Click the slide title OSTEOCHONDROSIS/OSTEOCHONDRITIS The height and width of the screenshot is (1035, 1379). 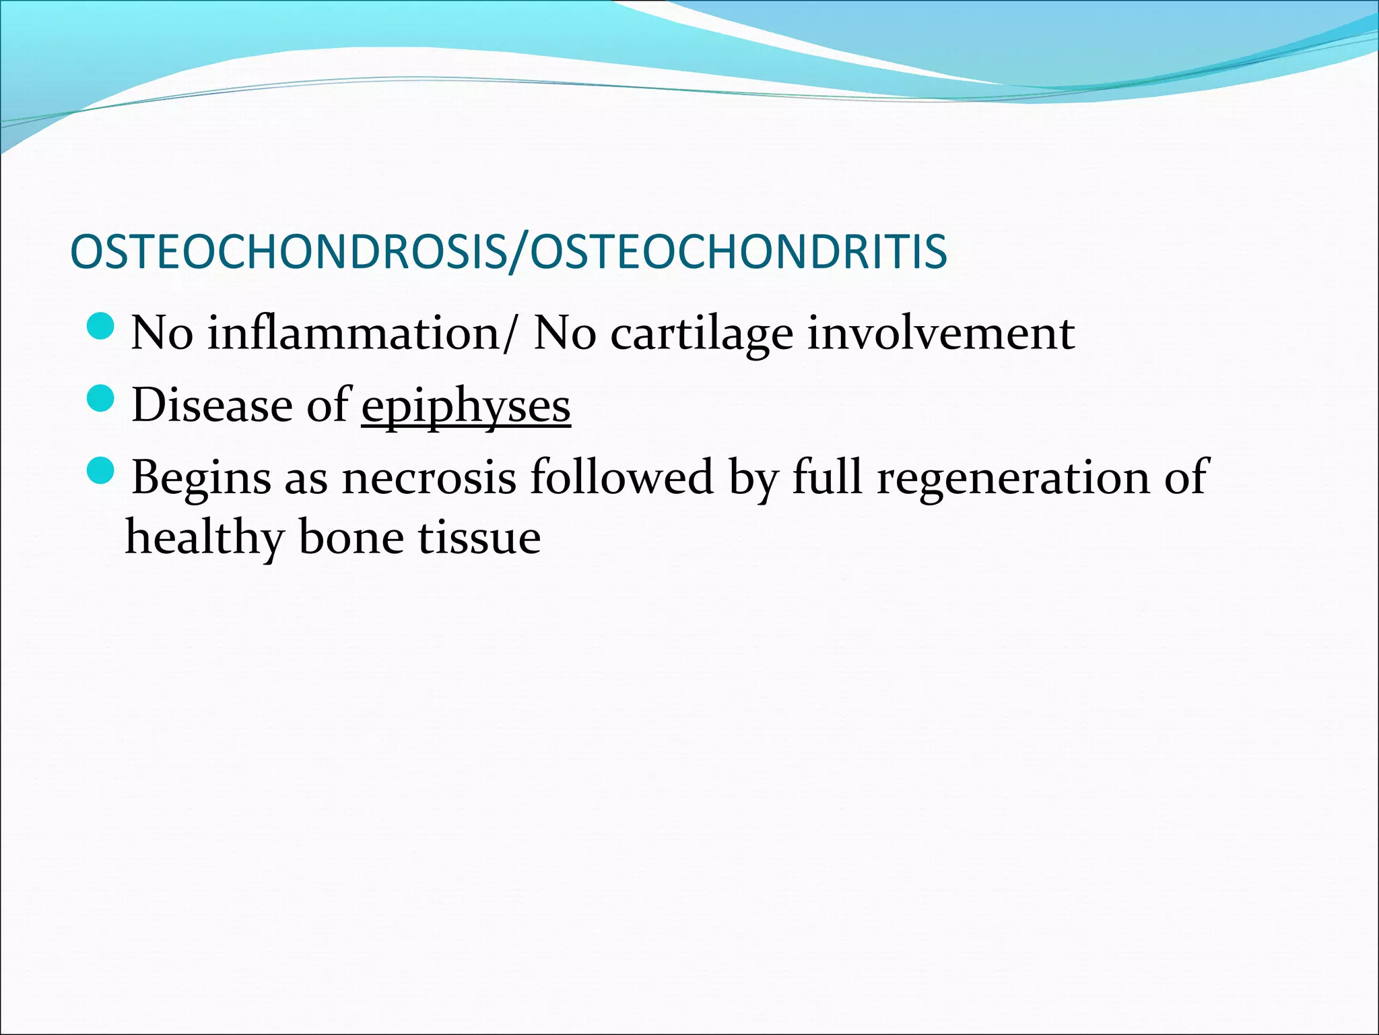[508, 252]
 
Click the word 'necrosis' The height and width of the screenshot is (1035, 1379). [429, 477]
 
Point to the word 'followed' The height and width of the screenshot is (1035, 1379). [621, 477]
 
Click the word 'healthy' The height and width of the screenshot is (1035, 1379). [204, 538]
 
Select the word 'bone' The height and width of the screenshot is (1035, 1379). [349, 537]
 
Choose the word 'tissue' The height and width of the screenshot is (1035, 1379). [479, 538]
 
